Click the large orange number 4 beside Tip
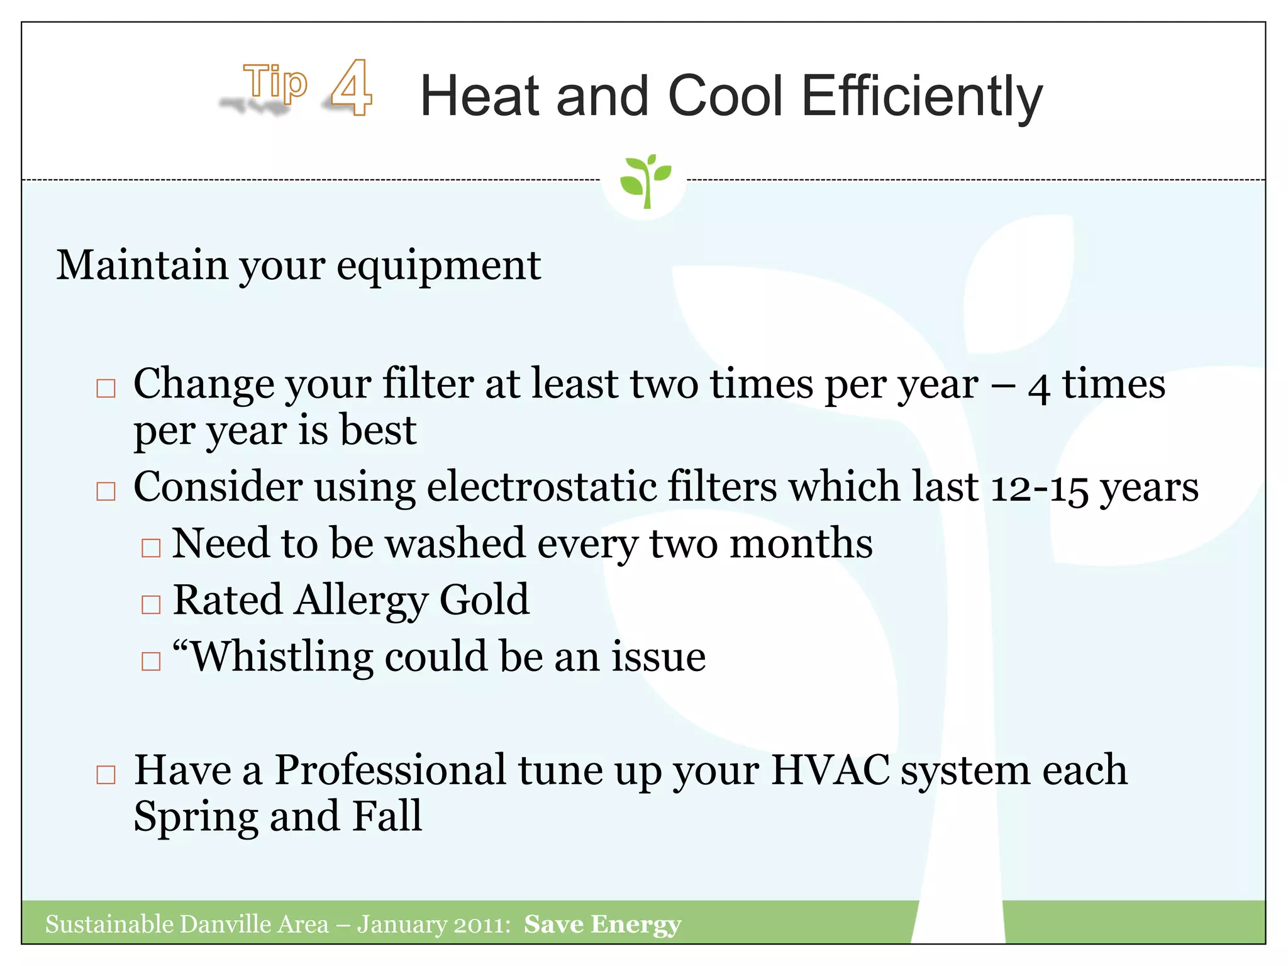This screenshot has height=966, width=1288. (x=352, y=87)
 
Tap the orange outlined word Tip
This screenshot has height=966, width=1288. (x=275, y=82)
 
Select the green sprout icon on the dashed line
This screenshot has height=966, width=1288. (x=645, y=180)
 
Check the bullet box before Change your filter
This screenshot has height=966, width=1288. (x=106, y=388)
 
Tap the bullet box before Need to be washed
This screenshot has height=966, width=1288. (x=151, y=547)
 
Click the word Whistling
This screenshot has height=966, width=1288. (x=281, y=657)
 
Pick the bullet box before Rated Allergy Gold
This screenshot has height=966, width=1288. (x=151, y=604)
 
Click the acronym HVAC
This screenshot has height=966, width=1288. (x=830, y=770)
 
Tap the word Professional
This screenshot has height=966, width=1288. (x=390, y=770)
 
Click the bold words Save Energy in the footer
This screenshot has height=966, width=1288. (x=602, y=924)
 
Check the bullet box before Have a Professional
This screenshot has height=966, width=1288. (x=106, y=774)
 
